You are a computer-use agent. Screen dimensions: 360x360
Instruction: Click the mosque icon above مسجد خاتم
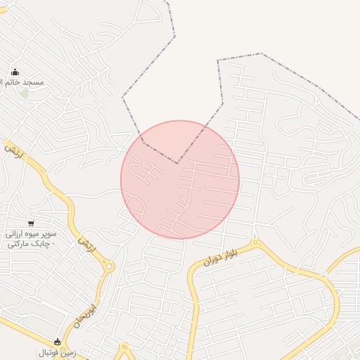tap(15, 72)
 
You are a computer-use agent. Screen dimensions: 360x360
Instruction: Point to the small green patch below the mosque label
tap(25, 93)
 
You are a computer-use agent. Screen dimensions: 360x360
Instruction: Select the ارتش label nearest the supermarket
tap(86, 244)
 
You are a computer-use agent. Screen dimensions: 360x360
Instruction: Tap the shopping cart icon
tap(31, 223)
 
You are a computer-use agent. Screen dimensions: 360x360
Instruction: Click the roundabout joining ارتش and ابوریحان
tap(109, 266)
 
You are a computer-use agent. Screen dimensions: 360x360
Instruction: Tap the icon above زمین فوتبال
tap(57, 342)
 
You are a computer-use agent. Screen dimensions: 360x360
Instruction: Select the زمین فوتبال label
tap(56, 352)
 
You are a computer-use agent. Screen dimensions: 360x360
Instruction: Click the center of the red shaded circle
tap(180, 180)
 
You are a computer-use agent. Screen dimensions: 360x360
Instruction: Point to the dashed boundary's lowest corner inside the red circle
tap(177, 164)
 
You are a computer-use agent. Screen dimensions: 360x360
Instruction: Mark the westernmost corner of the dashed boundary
tap(123, 96)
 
